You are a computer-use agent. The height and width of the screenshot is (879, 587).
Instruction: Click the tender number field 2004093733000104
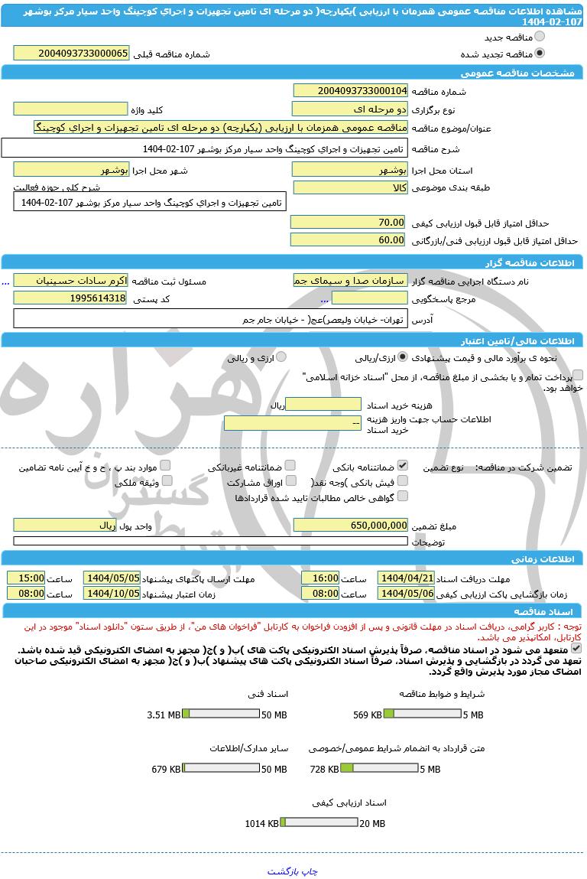click(x=351, y=91)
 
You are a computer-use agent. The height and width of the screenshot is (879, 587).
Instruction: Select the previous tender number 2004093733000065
click(x=71, y=54)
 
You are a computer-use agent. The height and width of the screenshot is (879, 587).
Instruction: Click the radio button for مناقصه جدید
click(x=540, y=37)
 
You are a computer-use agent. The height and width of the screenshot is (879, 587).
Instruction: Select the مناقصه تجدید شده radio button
click(x=540, y=54)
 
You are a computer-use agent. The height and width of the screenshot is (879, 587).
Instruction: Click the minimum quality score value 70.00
click(x=349, y=222)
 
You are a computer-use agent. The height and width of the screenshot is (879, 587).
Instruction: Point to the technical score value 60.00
click(x=349, y=240)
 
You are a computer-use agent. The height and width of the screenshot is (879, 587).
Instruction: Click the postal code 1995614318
click(x=70, y=298)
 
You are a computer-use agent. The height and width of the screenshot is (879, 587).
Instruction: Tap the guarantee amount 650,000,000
click(x=351, y=526)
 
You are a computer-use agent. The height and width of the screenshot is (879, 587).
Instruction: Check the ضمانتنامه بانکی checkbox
click(x=403, y=465)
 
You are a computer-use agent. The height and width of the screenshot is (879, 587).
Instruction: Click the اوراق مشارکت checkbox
click(x=290, y=481)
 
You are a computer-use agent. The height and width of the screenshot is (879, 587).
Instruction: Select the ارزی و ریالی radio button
click(x=281, y=357)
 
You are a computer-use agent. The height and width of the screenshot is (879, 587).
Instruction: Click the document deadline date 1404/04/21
click(x=407, y=578)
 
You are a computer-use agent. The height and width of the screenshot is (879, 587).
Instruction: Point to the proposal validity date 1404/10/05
click(x=112, y=593)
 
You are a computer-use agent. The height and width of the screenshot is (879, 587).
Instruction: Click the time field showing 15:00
click(x=26, y=578)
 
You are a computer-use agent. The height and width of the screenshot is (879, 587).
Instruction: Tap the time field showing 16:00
click(x=320, y=578)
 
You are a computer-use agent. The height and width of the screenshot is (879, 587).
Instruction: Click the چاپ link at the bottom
click(x=307, y=871)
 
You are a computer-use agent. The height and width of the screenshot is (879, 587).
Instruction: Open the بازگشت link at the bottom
click(x=283, y=871)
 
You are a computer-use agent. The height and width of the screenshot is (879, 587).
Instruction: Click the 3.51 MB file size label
click(x=164, y=715)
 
